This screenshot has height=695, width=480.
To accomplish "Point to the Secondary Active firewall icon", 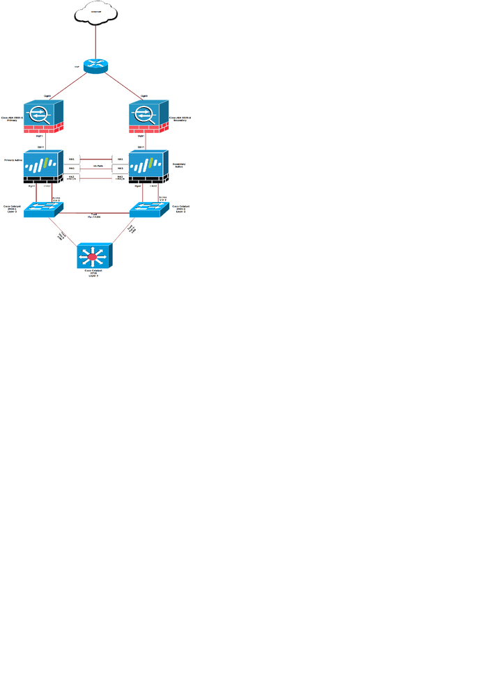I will [148, 166].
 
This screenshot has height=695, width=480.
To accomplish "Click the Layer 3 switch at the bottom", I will [95, 256].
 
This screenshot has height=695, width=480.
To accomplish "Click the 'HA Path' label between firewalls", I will [98, 166].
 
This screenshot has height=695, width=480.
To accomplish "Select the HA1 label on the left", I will [71, 159].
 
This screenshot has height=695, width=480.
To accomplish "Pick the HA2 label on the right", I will [120, 168].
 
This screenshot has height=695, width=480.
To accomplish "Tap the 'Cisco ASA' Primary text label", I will [13, 119].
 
